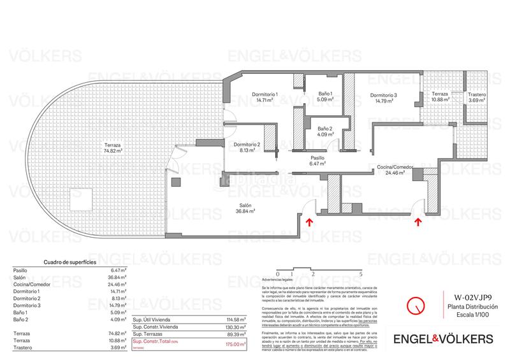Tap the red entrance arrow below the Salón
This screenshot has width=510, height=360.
(309, 222)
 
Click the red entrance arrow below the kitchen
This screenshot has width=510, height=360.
(418, 222)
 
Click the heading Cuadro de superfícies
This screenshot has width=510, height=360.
(69, 262)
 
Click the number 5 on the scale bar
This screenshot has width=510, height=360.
(361, 273)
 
